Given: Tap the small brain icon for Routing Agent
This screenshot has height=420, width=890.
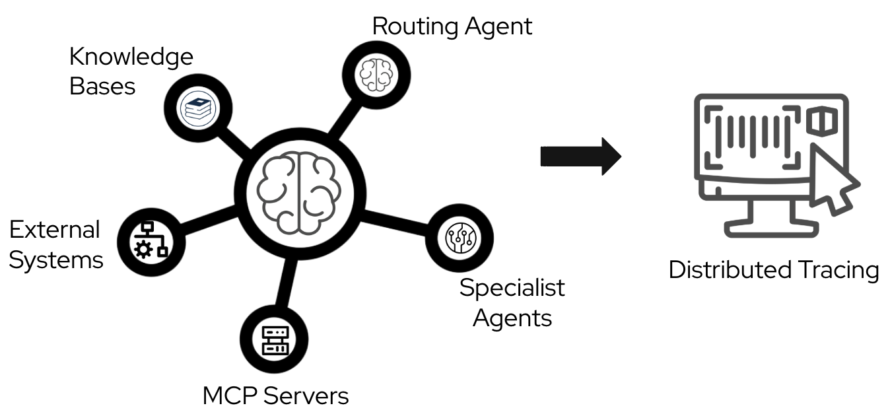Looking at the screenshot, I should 375,74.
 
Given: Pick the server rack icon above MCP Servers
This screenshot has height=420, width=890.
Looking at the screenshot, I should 272,339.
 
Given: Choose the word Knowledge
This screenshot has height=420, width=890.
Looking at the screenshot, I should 131,58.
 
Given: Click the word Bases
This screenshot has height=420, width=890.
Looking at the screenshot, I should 102,87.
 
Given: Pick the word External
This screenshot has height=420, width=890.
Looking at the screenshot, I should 54,230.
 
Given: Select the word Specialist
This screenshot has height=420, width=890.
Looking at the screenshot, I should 512,289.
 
